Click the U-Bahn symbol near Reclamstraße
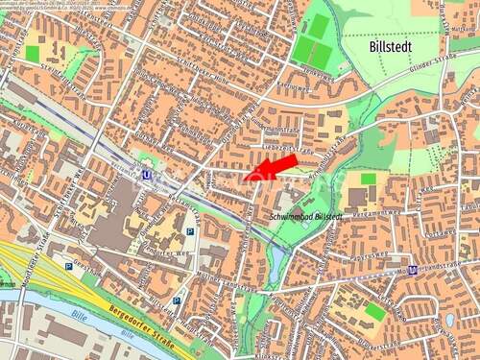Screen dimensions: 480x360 point(146,176)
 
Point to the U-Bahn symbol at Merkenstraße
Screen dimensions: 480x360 point(413,270)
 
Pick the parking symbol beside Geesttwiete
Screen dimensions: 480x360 point(68,266)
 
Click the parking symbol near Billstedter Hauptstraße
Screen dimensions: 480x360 point(177,300)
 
